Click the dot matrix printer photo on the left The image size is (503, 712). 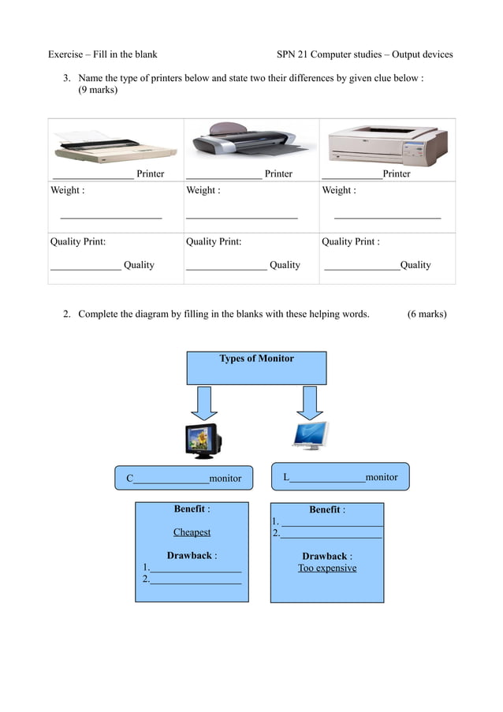point(114,146)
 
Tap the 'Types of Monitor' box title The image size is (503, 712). point(256,359)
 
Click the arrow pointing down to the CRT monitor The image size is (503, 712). point(204,402)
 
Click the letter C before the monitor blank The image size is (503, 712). point(130,479)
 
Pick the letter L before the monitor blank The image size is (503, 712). point(286,477)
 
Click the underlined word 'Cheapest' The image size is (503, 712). point(192,532)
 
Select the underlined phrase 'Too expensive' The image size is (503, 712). point(327,568)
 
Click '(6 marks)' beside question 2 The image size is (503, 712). point(427,314)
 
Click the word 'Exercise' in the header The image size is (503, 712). point(65,54)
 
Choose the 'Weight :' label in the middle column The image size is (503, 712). point(203,190)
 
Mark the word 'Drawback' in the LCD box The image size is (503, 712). point(324,556)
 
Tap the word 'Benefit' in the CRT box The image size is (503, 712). point(189,509)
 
